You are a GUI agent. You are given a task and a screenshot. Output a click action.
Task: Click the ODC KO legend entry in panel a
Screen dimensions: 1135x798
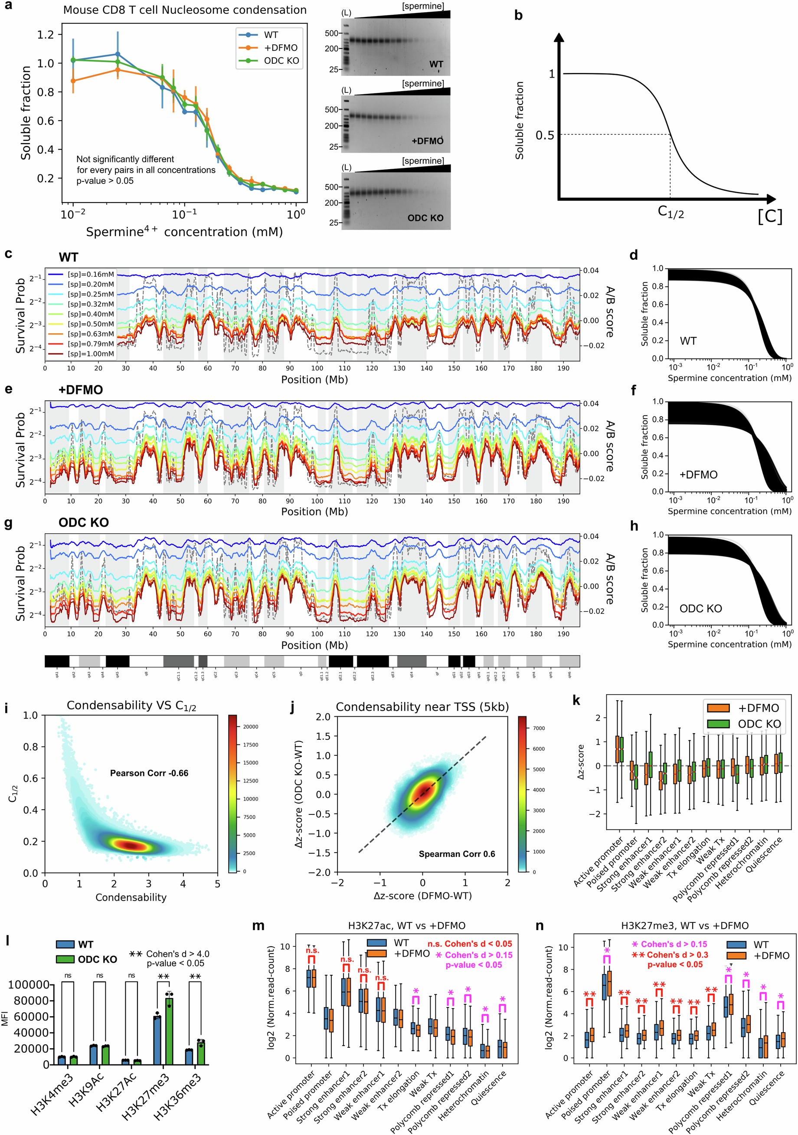[x=281, y=61]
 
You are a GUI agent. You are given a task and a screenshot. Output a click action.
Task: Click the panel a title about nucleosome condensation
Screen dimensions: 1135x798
[x=185, y=10]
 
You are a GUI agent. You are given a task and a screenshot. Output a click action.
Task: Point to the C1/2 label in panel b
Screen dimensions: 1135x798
[x=670, y=212]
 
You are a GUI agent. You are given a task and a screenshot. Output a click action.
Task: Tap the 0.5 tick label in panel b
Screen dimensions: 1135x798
[x=545, y=135]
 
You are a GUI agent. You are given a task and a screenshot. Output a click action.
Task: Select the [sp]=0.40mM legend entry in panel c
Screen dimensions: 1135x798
[x=90, y=314]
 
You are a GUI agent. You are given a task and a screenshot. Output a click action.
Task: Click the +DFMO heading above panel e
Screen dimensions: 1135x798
[x=81, y=390]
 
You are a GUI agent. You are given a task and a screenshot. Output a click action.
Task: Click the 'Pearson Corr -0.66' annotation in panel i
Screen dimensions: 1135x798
[x=149, y=773]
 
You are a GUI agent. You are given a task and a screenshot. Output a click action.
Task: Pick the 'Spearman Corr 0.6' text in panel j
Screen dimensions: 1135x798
[x=457, y=854]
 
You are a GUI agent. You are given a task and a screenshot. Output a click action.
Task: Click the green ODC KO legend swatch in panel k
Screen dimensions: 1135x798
[x=719, y=724]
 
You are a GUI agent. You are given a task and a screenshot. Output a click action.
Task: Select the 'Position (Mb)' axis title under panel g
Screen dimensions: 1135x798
[x=314, y=645]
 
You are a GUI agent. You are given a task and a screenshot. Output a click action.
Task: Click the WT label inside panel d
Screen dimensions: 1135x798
[x=688, y=341]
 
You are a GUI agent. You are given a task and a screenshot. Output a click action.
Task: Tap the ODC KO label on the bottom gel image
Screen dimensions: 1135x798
[x=425, y=218]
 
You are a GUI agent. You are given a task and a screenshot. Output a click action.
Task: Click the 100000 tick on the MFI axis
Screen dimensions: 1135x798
[x=29, y=984]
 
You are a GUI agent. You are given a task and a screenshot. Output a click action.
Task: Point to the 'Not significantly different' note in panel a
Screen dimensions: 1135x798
[x=125, y=159]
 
